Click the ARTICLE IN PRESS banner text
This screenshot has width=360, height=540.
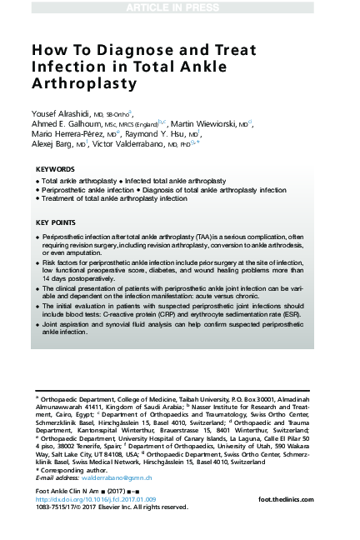[179, 7]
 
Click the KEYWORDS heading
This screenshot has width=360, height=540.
[56, 169]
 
